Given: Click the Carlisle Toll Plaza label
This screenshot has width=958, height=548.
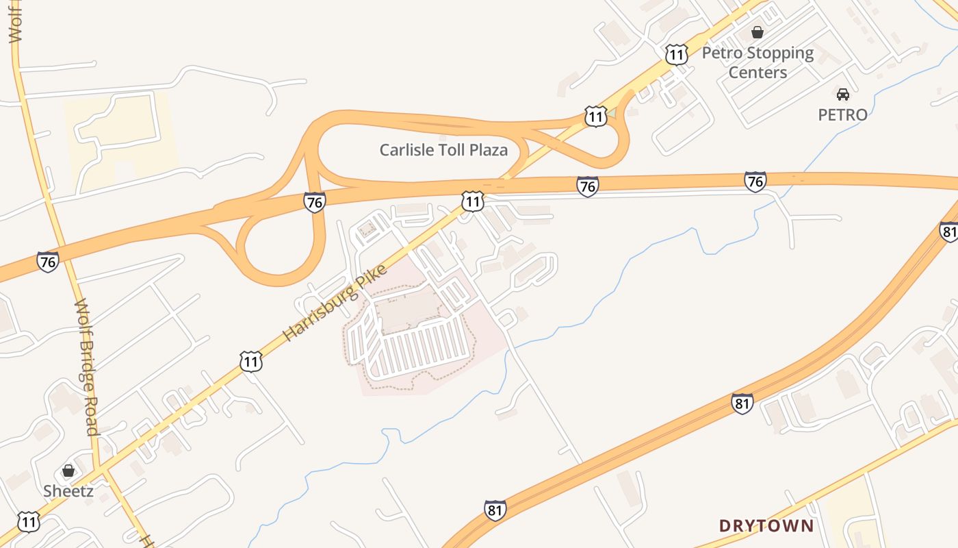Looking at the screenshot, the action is tap(443, 149).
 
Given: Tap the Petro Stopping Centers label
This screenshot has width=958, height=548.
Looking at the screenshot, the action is tap(758, 62).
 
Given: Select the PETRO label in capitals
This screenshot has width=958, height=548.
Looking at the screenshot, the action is tap(842, 114).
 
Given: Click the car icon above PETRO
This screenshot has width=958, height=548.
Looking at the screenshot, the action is tap(842, 95).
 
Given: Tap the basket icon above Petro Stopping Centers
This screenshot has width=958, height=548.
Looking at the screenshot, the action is tap(758, 32).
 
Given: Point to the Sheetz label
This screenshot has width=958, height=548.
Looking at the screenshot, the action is tap(68, 490).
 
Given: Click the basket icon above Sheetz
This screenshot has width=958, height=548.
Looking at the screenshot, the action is tap(68, 471).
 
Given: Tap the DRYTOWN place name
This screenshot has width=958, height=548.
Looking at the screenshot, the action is tap(766, 526).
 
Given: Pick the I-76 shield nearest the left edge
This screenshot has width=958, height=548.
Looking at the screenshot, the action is tap(47, 261).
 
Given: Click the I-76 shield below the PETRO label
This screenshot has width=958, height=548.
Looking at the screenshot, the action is tap(755, 182).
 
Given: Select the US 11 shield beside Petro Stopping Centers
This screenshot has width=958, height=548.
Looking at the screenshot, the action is tap(676, 54).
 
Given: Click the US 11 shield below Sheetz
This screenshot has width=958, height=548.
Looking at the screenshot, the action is tap(28, 522).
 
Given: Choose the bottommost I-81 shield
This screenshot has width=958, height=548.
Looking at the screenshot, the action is tap(495, 510).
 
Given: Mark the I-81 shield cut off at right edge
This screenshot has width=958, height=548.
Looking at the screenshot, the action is tap(949, 232).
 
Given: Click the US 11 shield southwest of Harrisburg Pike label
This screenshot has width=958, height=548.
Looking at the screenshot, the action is tap(251, 361).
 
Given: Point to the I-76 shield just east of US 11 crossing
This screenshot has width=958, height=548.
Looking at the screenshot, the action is tap(587, 186).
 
